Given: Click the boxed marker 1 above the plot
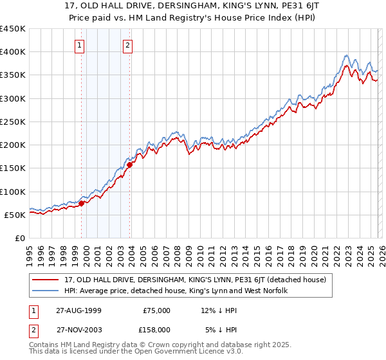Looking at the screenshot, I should tap(79, 45).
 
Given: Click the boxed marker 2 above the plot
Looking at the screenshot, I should tap(128, 45).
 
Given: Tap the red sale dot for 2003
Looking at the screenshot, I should tap(130, 165).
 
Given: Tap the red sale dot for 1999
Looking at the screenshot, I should tap(82, 203).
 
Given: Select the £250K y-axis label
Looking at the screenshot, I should tap(12, 122).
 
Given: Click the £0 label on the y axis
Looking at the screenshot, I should tap(19, 238).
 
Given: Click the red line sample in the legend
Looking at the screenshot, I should tap(46, 280).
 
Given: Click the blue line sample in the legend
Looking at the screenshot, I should tap(46, 291).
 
